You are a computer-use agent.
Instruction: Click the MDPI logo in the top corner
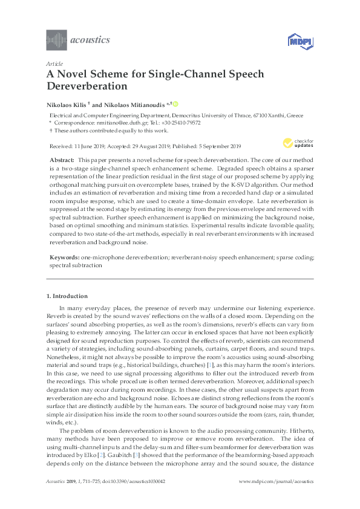tap(300, 42)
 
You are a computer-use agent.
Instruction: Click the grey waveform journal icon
tap(56, 40)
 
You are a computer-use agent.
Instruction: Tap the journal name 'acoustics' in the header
tap(91, 40)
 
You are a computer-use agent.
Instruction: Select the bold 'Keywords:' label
tap(64, 257)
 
